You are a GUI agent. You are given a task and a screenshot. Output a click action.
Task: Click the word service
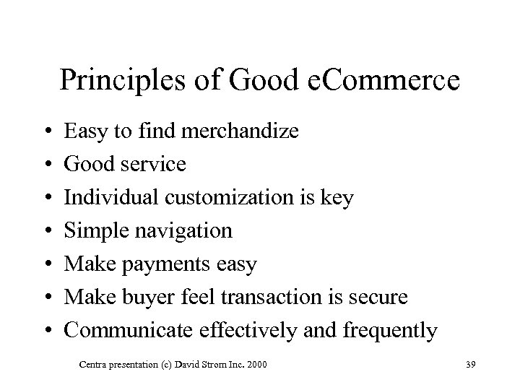pos(155,165)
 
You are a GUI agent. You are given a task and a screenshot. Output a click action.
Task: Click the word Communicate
pos(126,330)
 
